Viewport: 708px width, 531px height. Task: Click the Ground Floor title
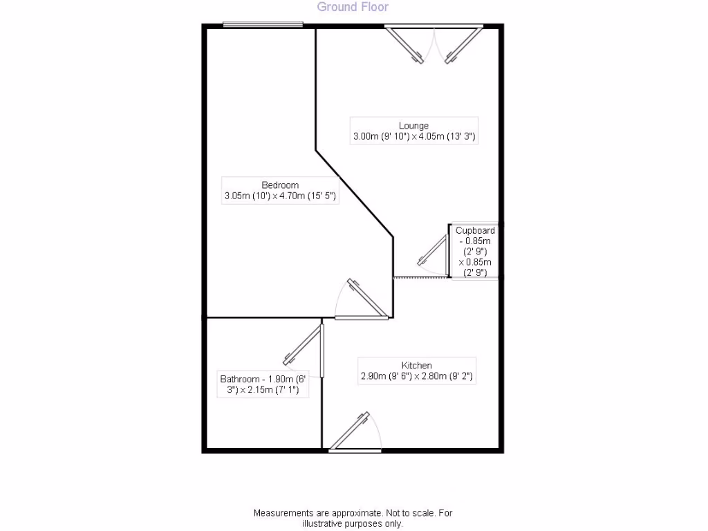click(x=353, y=7)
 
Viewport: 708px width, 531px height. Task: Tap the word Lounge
click(x=413, y=126)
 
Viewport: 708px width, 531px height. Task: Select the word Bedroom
click(x=280, y=185)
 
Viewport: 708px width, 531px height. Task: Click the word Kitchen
click(x=416, y=365)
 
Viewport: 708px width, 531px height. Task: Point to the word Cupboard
click(x=475, y=231)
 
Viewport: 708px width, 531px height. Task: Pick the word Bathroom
click(x=240, y=379)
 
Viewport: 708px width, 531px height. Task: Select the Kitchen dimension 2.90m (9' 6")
click(x=384, y=376)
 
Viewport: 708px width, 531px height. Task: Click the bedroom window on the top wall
click(x=263, y=25)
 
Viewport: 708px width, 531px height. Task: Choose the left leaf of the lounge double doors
click(x=405, y=46)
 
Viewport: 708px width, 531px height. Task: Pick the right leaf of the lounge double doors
click(x=464, y=46)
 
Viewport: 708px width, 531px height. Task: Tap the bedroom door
click(x=367, y=297)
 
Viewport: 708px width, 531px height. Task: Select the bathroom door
click(x=303, y=345)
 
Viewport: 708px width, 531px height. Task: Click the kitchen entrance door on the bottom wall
click(x=349, y=431)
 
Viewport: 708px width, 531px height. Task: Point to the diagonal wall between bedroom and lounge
click(x=355, y=194)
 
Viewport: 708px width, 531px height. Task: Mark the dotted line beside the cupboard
click(x=421, y=278)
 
